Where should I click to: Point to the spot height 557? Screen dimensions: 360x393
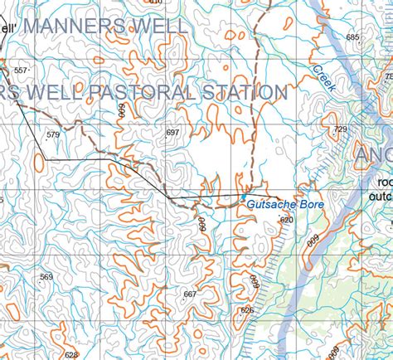click(x=21, y=71)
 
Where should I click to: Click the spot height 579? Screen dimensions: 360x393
click(x=53, y=134)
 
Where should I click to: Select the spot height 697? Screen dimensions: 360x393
click(x=172, y=133)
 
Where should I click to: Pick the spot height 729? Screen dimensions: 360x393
click(x=340, y=129)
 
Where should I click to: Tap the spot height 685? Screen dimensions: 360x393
click(x=352, y=37)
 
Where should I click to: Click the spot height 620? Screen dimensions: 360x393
click(x=287, y=220)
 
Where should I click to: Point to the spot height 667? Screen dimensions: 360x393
click(x=190, y=294)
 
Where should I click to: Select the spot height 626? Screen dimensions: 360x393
click(x=247, y=309)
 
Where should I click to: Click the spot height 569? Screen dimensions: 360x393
click(x=46, y=277)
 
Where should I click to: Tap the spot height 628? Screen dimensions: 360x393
click(x=70, y=354)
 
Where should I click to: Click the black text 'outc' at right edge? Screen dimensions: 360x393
click(x=380, y=197)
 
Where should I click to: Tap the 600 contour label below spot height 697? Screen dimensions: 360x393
click(x=201, y=225)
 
